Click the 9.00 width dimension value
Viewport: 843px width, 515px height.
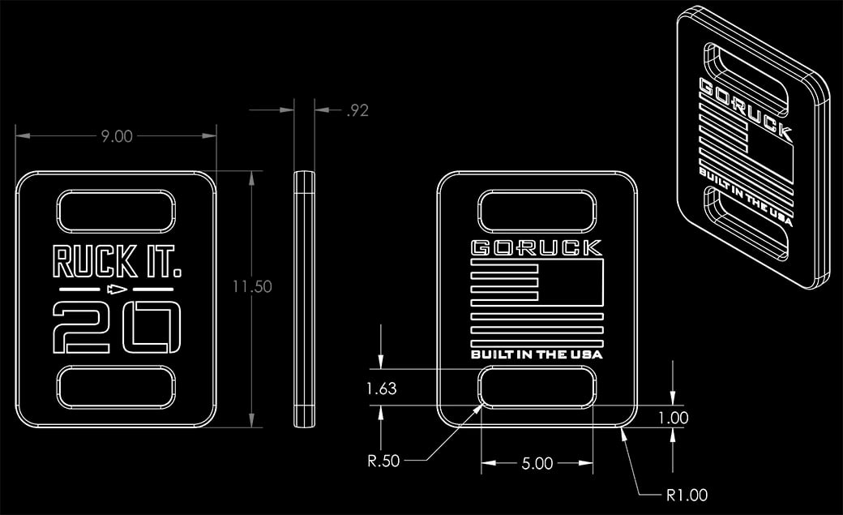coord(117,136)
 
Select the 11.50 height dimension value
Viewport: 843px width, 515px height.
coord(251,286)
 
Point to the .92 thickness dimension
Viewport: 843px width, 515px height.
coord(357,111)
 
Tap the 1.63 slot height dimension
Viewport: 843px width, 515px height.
coord(381,388)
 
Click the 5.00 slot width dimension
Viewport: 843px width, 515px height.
coord(537,464)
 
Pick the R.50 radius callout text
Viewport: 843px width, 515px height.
coord(383,462)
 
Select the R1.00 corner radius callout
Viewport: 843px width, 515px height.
coord(687,495)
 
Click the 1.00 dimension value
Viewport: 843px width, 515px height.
coord(674,418)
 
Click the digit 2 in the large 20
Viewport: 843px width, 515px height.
coord(78,326)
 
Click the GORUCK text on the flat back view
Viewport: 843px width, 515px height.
coord(537,248)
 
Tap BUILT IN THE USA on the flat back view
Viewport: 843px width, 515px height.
coord(537,354)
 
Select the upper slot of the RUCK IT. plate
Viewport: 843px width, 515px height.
coord(117,211)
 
